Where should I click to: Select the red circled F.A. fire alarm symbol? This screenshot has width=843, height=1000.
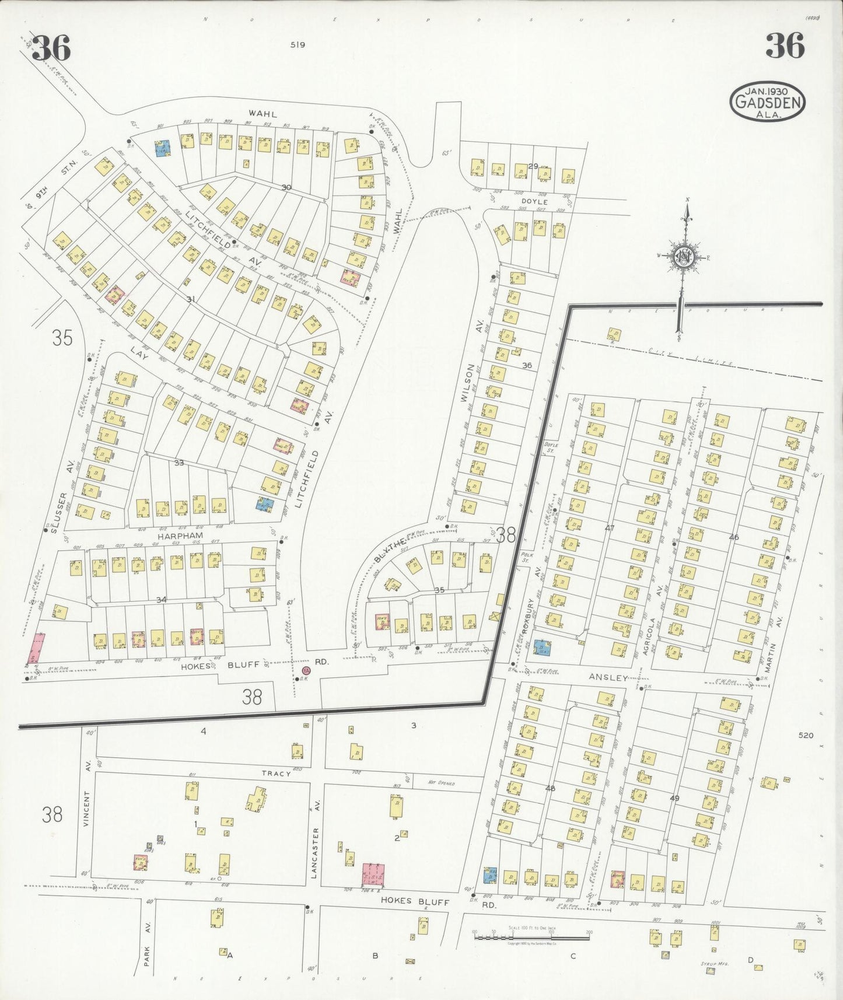tap(307, 671)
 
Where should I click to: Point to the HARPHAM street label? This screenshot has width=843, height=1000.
tap(184, 535)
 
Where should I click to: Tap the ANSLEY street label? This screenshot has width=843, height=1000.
tap(608, 678)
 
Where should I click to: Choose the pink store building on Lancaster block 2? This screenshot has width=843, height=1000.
tap(373, 876)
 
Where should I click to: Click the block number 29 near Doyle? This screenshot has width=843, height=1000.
tap(533, 166)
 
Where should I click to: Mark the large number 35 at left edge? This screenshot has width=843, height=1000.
tap(62, 337)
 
